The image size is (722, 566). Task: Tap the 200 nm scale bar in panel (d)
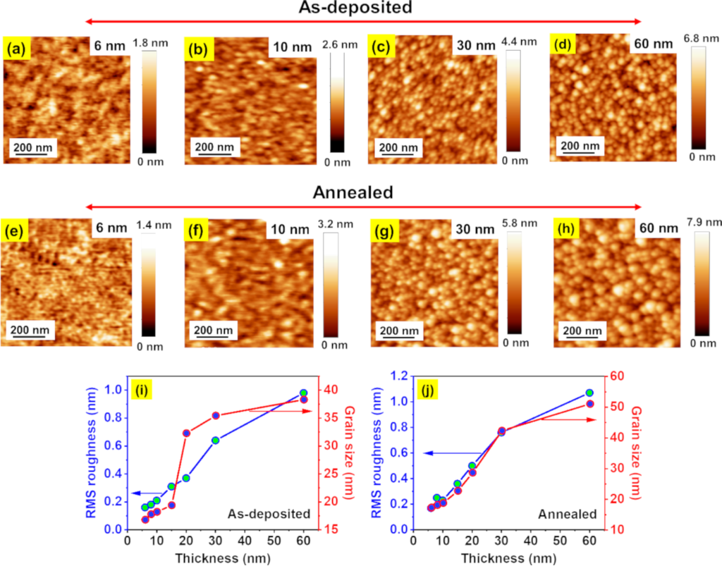click(580, 146)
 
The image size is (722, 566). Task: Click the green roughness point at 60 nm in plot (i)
click(303, 393)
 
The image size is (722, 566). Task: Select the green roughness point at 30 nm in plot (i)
click(215, 441)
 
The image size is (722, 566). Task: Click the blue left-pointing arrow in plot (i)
click(147, 493)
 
